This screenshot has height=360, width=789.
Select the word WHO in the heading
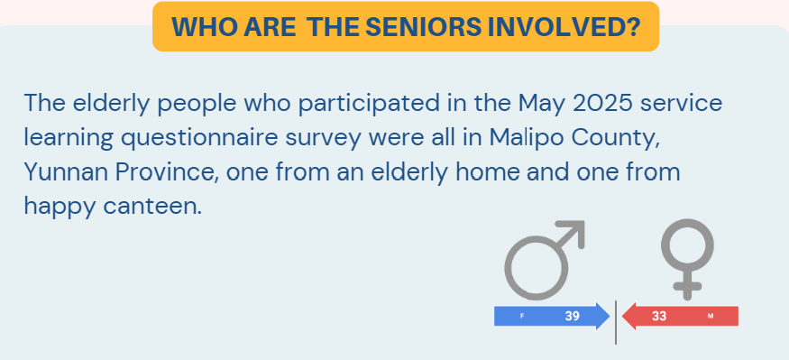(x=198, y=26)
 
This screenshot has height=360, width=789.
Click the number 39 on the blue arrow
(x=572, y=316)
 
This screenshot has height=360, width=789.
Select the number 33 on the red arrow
(x=658, y=316)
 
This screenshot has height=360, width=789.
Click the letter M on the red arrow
(x=711, y=317)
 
